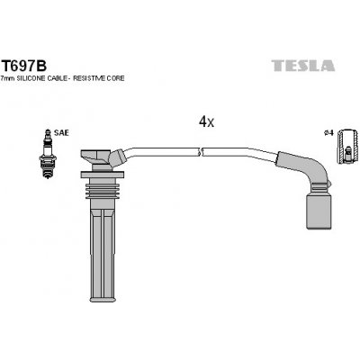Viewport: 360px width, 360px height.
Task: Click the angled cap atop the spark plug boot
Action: [105, 160]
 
